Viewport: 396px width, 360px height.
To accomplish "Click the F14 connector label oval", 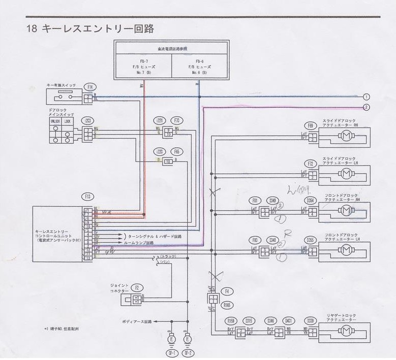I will pyautogui.click(x=91, y=87).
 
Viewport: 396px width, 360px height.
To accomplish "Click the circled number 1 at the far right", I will pyautogui.click(x=366, y=97).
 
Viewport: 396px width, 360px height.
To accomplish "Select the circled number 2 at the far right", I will pyautogui.click(x=366, y=107).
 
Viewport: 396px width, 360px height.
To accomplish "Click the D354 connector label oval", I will pyautogui.click(x=311, y=201).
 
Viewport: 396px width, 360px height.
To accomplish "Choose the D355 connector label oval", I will pyautogui.click(x=311, y=239).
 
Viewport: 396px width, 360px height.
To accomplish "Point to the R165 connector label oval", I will pyautogui.click(x=227, y=305).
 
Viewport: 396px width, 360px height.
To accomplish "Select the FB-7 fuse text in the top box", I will pyautogui.click(x=143, y=61).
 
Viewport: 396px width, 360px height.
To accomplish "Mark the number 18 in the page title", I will pyautogui.click(x=32, y=29).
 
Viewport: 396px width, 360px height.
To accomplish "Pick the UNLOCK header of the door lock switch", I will pyautogui.click(x=55, y=121).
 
